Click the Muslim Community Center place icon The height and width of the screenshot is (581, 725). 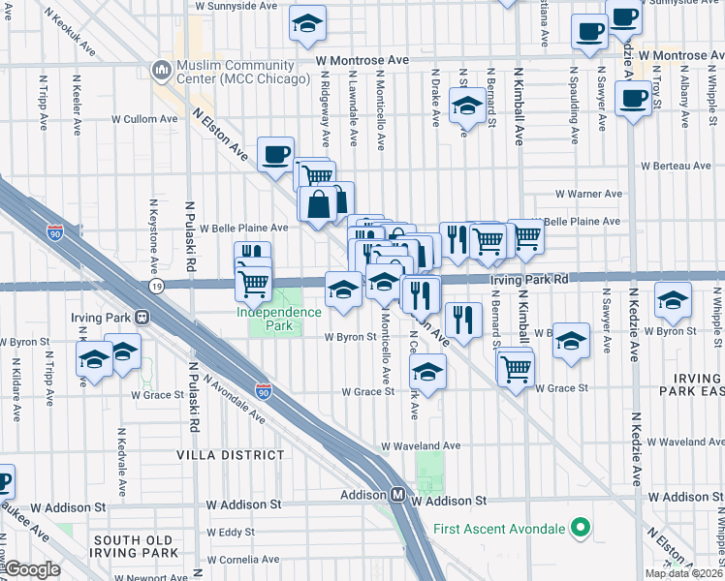pos(160,70)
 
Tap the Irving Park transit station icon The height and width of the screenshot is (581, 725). pos(142,317)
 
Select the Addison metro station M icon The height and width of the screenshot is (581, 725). pos(397,494)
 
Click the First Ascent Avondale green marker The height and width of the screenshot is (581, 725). pos(581,528)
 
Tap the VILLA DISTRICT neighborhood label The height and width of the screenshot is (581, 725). pos(230,453)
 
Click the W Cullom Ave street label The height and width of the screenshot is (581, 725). pos(144,119)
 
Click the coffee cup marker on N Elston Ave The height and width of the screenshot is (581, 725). pos(275,152)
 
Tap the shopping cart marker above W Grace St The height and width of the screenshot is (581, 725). pos(516,366)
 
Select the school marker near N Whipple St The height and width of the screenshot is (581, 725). pos(673,298)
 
